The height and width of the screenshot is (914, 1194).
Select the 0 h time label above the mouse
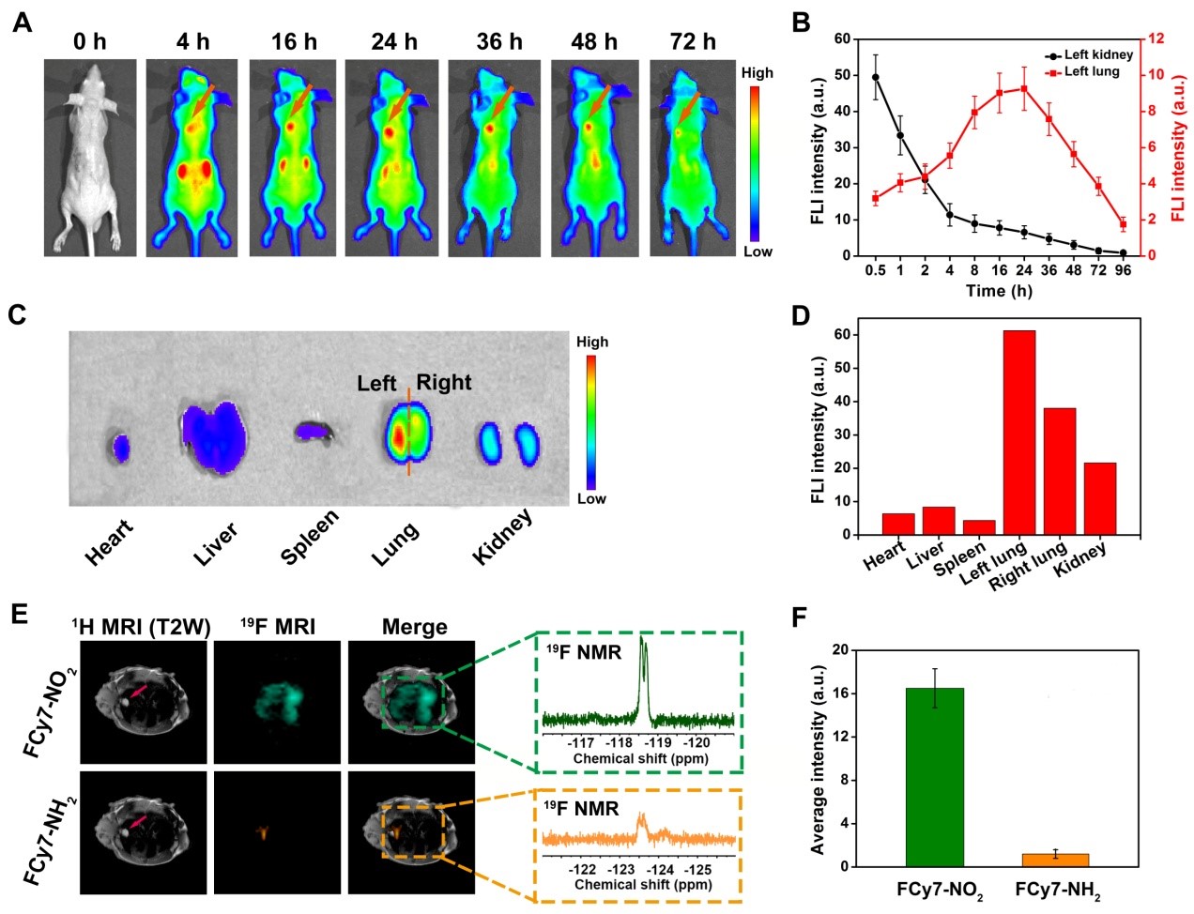[x=90, y=42]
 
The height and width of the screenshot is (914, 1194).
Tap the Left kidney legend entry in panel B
[x=1097, y=55]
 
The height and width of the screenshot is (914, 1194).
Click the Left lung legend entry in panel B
[x=1091, y=71]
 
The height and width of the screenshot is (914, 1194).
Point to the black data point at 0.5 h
[x=876, y=77]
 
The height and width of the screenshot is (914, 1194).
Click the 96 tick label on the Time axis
[x=1123, y=271]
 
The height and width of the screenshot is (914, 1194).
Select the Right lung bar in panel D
[x=1059, y=471]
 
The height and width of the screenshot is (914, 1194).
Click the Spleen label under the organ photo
[x=309, y=540]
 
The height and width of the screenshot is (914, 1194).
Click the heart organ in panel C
[x=120, y=448]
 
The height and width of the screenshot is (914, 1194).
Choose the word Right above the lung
[x=444, y=383]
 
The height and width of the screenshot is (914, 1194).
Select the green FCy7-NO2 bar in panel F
[x=934, y=777]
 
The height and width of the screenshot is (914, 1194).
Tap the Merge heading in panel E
[x=414, y=627]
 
